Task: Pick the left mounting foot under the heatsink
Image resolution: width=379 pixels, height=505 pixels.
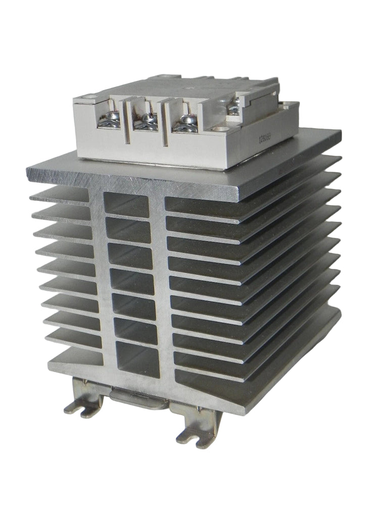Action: pos(86,405)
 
